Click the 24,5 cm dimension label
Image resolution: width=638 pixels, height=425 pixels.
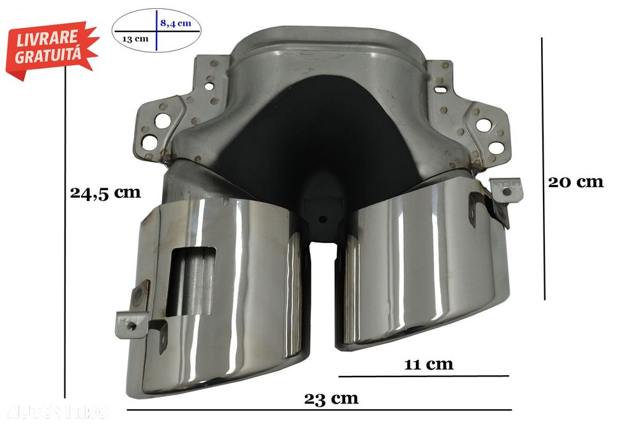[105, 192]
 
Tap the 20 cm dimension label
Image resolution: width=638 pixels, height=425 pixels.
[575, 182]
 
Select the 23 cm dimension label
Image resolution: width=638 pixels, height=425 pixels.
[331, 399]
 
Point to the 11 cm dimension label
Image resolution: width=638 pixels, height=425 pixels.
[429, 364]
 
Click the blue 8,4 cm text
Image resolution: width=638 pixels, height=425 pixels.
[176, 23]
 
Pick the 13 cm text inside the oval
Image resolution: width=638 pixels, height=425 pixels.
[135, 39]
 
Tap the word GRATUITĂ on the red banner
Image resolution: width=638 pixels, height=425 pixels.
[48, 55]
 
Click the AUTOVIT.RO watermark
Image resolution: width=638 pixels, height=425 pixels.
[58, 412]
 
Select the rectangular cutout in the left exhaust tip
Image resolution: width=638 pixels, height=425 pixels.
[191, 281]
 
